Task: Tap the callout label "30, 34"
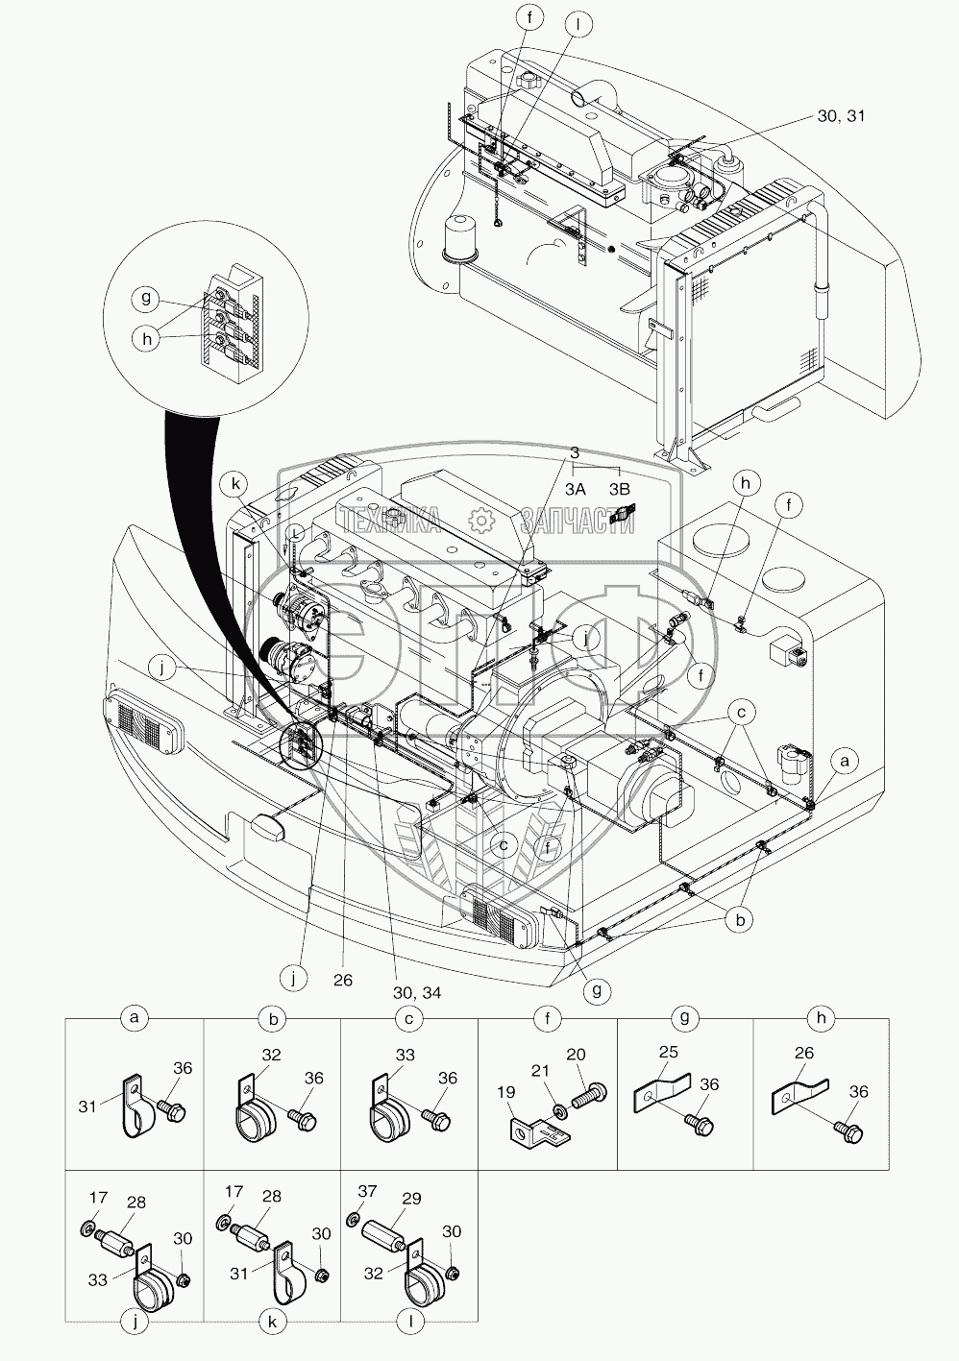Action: click(x=417, y=992)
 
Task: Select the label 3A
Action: click(x=576, y=488)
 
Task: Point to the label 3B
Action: click(x=621, y=488)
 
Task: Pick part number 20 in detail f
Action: click(x=577, y=1055)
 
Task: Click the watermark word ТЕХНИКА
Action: click(x=390, y=522)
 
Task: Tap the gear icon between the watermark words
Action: click(x=479, y=521)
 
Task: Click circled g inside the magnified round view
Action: click(x=146, y=298)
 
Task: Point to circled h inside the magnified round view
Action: click(x=146, y=339)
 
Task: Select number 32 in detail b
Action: click(x=272, y=1056)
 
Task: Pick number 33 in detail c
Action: click(x=406, y=1056)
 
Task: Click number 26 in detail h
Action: click(x=805, y=1054)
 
